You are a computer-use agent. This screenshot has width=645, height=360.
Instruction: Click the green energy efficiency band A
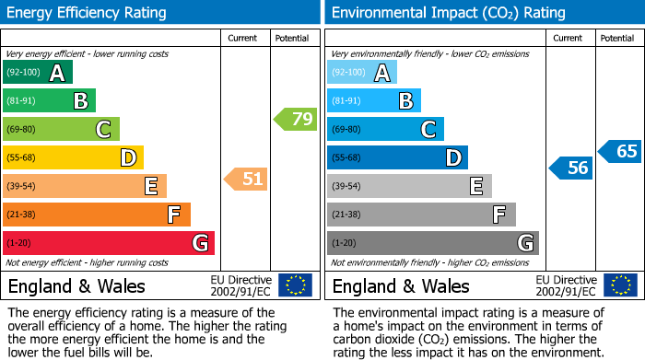pyautogui.click(x=38, y=73)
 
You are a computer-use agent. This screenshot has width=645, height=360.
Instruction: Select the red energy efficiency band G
pyautogui.click(x=109, y=243)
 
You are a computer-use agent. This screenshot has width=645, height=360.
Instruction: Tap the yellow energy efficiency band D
pyautogui.click(x=73, y=158)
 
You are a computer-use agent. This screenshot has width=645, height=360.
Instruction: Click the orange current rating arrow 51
pyautogui.click(x=246, y=179)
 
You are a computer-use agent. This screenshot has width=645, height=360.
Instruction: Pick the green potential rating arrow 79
pyautogui.click(x=295, y=119)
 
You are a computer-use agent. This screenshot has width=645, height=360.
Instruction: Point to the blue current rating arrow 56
pyautogui.click(x=571, y=168)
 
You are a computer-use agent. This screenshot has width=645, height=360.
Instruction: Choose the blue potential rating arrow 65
pyautogui.click(x=620, y=151)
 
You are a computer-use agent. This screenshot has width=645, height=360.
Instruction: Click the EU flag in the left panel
pyautogui.click(x=295, y=285)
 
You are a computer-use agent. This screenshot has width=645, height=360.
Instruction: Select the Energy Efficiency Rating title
pyautogui.click(x=88, y=13)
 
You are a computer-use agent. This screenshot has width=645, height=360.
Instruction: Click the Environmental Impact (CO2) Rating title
pyautogui.click(x=448, y=13)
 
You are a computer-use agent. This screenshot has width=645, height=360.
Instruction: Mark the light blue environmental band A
pyautogui.click(x=362, y=73)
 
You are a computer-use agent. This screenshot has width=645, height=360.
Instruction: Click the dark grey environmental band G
pyautogui.click(x=432, y=243)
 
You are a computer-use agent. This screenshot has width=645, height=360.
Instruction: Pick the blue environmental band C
pyautogui.click(x=385, y=130)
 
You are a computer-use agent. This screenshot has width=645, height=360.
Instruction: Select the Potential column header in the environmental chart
pyautogui.click(x=616, y=38)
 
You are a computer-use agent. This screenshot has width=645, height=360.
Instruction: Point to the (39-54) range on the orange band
pyautogui.click(x=21, y=187)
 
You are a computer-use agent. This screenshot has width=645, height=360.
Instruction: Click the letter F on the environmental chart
pyautogui.click(x=498, y=215)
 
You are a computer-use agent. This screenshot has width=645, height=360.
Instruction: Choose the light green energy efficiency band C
pyautogui.click(x=61, y=130)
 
